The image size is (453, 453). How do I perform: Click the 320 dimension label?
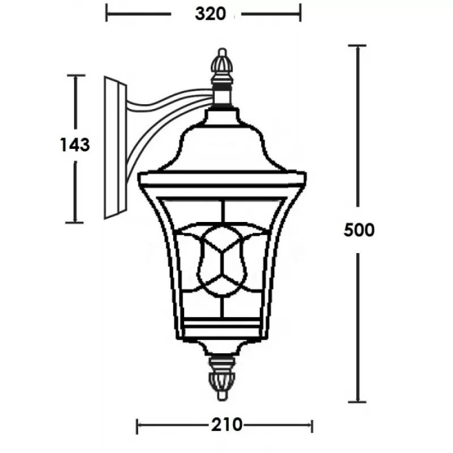pyautogui.click(x=210, y=14)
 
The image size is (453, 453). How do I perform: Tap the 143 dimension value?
pyautogui.click(x=75, y=145)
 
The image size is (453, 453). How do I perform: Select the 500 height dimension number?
pyautogui.click(x=359, y=230)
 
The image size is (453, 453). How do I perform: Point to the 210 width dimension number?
pyautogui.click(x=226, y=425)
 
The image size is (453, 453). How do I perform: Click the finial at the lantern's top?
pyautogui.click(x=222, y=65)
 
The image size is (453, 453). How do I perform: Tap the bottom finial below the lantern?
pyautogui.click(x=222, y=378)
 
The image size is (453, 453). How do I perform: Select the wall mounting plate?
pyautogui.click(x=116, y=148)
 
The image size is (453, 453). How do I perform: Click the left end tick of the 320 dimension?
pyautogui.click(x=106, y=13)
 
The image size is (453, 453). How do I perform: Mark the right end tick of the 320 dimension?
pyautogui.click(x=300, y=13)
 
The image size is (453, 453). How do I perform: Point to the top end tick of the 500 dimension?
pyautogui.click(x=357, y=46)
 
